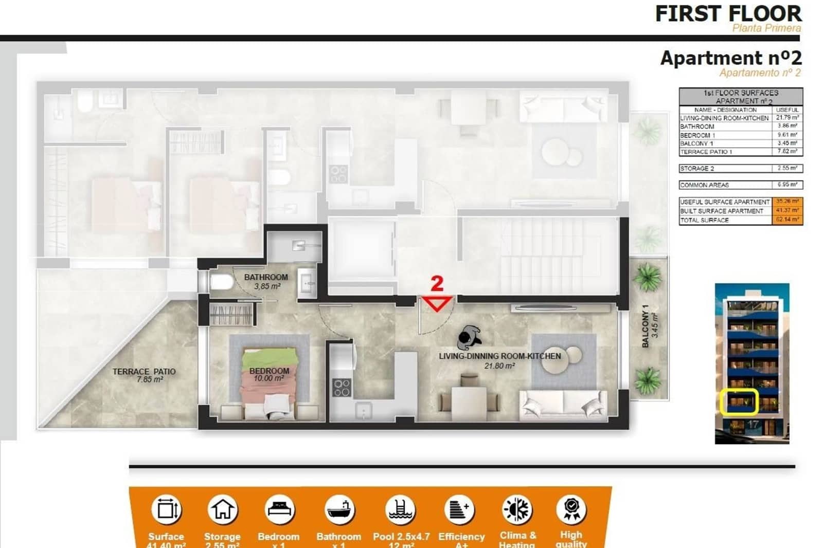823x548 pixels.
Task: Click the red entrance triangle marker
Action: (437, 303)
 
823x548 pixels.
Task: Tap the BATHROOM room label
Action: (266, 278)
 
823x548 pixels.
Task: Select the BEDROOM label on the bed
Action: (269, 371)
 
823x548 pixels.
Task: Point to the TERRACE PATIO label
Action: (145, 372)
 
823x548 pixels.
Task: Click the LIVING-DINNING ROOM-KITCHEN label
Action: (499, 356)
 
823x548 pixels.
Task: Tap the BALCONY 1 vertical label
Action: (646, 326)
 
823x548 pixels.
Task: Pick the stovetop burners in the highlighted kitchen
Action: (342, 387)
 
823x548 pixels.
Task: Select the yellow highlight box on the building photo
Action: (739, 402)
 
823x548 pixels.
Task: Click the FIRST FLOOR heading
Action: (728, 13)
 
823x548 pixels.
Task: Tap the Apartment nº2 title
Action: (730, 58)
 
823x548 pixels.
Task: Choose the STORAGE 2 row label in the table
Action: (697, 169)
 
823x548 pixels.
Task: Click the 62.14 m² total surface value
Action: (787, 220)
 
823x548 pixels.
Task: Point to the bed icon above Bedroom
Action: (279, 509)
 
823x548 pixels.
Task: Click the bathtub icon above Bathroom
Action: (339, 509)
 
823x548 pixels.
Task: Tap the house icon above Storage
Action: (222, 509)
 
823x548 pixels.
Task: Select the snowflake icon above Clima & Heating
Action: (517, 509)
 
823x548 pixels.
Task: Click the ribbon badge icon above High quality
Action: (571, 509)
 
